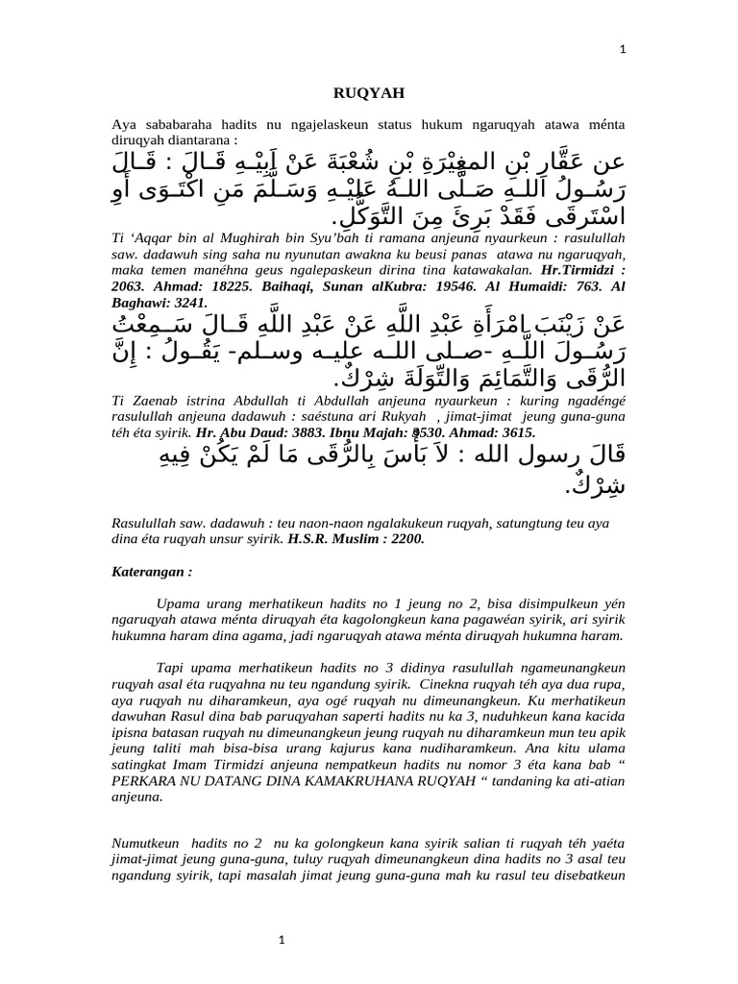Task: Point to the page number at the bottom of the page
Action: tap(283, 941)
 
